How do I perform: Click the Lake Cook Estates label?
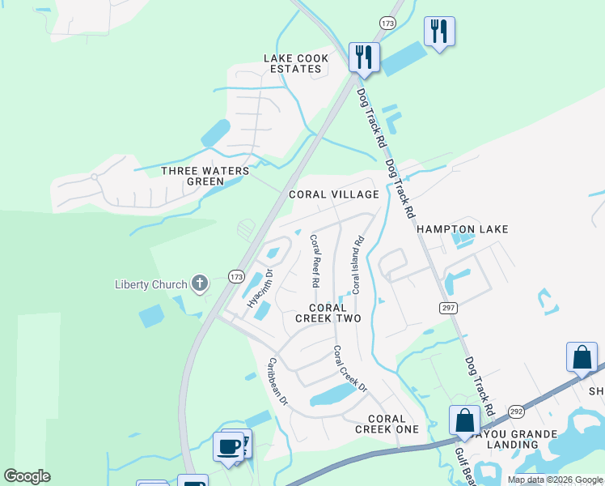pyautogui.click(x=293, y=63)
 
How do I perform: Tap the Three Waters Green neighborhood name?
pyautogui.click(x=204, y=176)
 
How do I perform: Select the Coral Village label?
pyautogui.click(x=334, y=194)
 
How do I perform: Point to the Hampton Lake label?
pyautogui.click(x=463, y=229)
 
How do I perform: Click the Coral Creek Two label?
pyautogui.click(x=328, y=313)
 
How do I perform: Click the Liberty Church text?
pyautogui.click(x=150, y=284)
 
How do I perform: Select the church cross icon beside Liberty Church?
pyautogui.click(x=200, y=283)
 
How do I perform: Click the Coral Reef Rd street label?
pyautogui.click(x=314, y=262)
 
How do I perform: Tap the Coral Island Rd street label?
pyautogui.click(x=357, y=265)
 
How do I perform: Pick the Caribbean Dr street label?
pyautogui.click(x=278, y=381)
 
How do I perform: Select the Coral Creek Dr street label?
pyautogui.click(x=350, y=369)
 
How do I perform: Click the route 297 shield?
pyautogui.click(x=447, y=308)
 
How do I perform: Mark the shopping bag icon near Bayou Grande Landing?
pyautogui.click(x=464, y=421)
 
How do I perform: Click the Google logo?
pyautogui.click(x=27, y=476)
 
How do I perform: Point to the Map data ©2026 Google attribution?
pyautogui.click(x=554, y=480)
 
